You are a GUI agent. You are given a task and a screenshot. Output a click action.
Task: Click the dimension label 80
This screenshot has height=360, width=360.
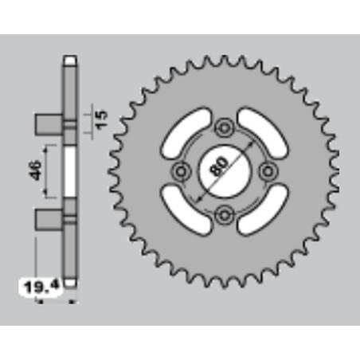pyautogui.click(x=218, y=166)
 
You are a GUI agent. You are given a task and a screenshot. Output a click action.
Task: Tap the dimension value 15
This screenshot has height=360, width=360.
pyautogui.click(x=101, y=119)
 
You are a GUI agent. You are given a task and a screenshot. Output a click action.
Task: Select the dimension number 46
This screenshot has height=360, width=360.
pyautogui.click(x=35, y=170)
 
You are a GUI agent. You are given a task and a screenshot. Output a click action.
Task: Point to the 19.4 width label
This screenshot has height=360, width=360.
pyautogui.click(x=41, y=287)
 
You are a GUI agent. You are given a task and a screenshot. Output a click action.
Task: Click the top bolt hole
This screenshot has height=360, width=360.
pyautogui.click(x=225, y=128)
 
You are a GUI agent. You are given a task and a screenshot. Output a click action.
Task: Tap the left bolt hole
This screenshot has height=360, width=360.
pyautogui.click(x=182, y=171)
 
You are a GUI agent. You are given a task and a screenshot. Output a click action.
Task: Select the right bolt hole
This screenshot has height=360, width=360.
pyautogui.click(x=268, y=171)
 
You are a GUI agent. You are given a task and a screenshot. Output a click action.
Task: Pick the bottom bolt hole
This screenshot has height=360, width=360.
pyautogui.click(x=225, y=214)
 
